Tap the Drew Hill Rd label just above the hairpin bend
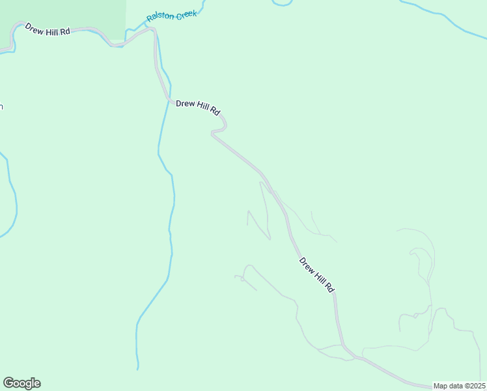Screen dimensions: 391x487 tap(199, 108)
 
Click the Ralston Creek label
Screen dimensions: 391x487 tap(171, 15)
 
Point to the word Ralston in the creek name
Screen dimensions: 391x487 tap(160, 17)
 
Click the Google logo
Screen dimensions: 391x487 tap(21, 383)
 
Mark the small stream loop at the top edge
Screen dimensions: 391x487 tap(282, 3)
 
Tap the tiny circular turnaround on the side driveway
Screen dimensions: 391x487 tap(242, 280)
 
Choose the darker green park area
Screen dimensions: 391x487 tap(62, 13)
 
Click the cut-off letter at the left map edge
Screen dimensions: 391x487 tap(1, 106)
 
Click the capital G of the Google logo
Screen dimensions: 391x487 tap(8, 383)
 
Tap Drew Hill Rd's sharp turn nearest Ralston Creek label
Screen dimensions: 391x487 tap(154, 30)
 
